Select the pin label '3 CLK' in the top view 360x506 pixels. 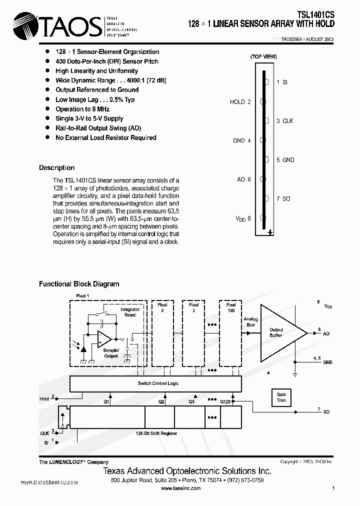coord(285,121)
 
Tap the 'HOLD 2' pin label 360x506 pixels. coord(240,102)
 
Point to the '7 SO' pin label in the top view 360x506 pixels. coord(283,199)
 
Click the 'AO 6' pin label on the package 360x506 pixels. coord(243,179)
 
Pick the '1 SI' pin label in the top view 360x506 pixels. coord(282,82)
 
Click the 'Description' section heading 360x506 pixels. coord(56,168)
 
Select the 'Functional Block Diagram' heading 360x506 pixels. coord(79,284)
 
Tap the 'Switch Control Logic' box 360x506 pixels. coord(157,383)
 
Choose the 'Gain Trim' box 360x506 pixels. coord(281,397)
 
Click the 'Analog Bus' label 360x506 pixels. coord(250,321)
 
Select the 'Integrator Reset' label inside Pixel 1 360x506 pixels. coord(130,312)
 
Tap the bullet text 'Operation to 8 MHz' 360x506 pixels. coord(82,109)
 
